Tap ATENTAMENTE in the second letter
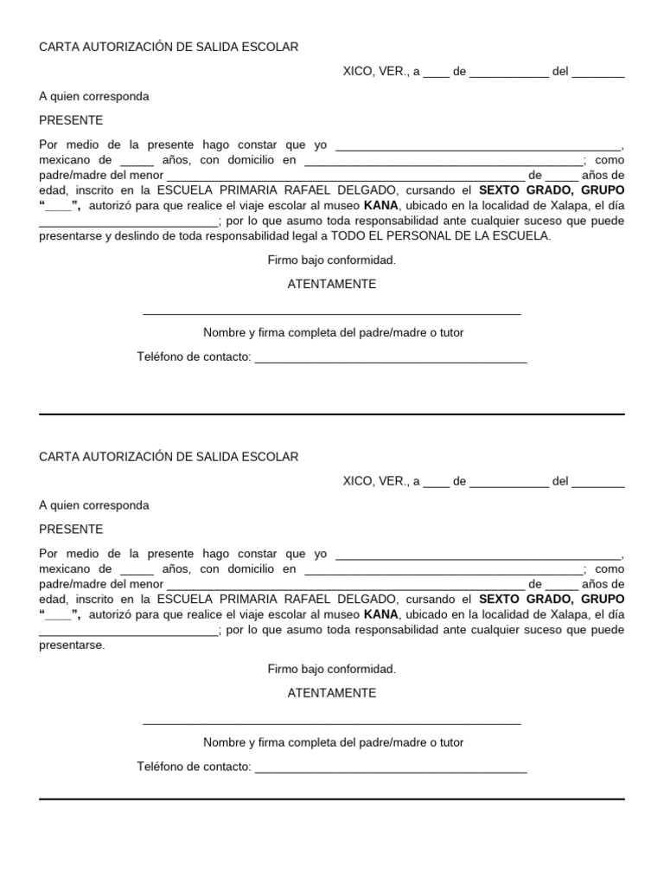pyautogui.click(x=332, y=693)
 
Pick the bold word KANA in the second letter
pyautogui.click(x=380, y=614)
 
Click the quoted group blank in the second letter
pyautogui.click(x=59, y=615)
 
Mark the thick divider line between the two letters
pyautogui.click(x=332, y=414)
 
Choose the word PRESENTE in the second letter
pyautogui.click(x=71, y=530)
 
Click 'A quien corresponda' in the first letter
pyautogui.click(x=94, y=97)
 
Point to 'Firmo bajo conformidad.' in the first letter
pyautogui.click(x=332, y=260)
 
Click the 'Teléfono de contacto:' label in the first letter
pyautogui.click(x=195, y=357)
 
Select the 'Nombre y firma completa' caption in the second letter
pyautogui.click(x=333, y=742)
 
